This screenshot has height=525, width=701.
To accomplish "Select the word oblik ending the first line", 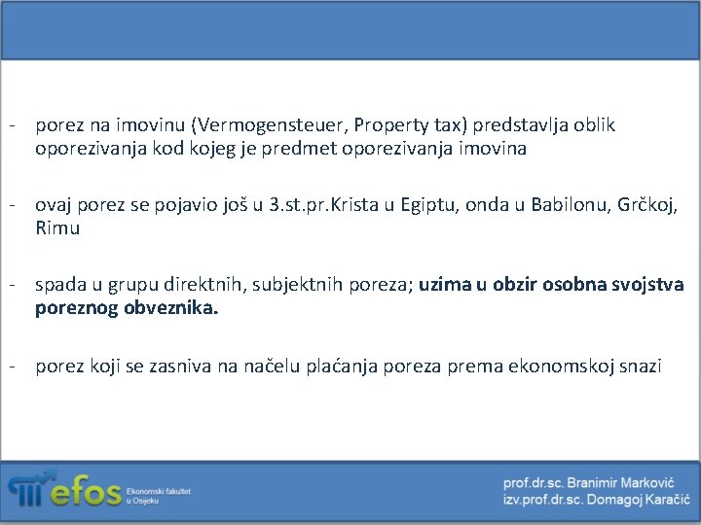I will [594, 125].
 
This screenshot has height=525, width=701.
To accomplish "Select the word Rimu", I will [57, 229].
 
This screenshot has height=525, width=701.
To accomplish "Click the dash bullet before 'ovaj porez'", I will [13, 206].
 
